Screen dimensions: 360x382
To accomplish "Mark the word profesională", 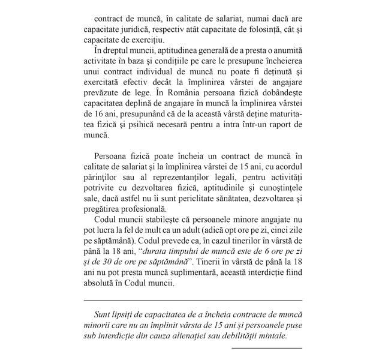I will tap(139, 208).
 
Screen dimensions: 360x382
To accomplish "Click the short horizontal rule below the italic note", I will tap(266, 347).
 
